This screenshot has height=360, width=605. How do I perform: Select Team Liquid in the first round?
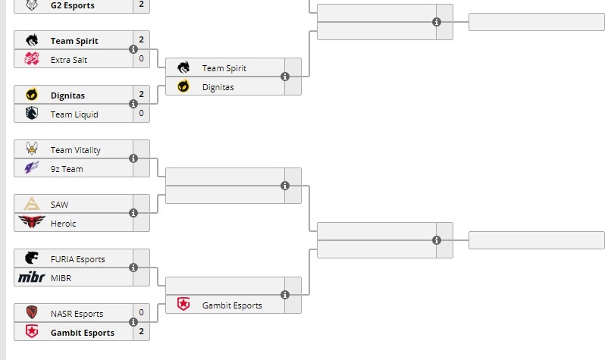74,114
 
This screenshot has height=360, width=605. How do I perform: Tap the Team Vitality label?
75,150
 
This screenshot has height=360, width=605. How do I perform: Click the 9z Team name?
67,169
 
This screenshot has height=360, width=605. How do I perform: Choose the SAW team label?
60,205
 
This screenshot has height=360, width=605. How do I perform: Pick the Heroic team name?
64,224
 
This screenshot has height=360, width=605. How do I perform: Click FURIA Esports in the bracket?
78,259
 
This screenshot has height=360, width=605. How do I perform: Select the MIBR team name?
61,278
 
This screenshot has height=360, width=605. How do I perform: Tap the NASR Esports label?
77,314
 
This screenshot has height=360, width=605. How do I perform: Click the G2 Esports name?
74,5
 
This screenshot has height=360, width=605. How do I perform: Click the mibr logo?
31,278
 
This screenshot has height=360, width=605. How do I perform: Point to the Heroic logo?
31,224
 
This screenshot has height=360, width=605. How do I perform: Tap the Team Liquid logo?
31,114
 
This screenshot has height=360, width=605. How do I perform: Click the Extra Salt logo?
31,59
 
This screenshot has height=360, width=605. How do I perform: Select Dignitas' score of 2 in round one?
141,95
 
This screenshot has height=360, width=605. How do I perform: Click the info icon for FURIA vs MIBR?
133,268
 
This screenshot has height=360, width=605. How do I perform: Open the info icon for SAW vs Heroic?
133,214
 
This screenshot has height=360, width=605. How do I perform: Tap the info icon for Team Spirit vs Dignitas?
285,77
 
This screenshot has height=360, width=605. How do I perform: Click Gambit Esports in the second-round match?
232,305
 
